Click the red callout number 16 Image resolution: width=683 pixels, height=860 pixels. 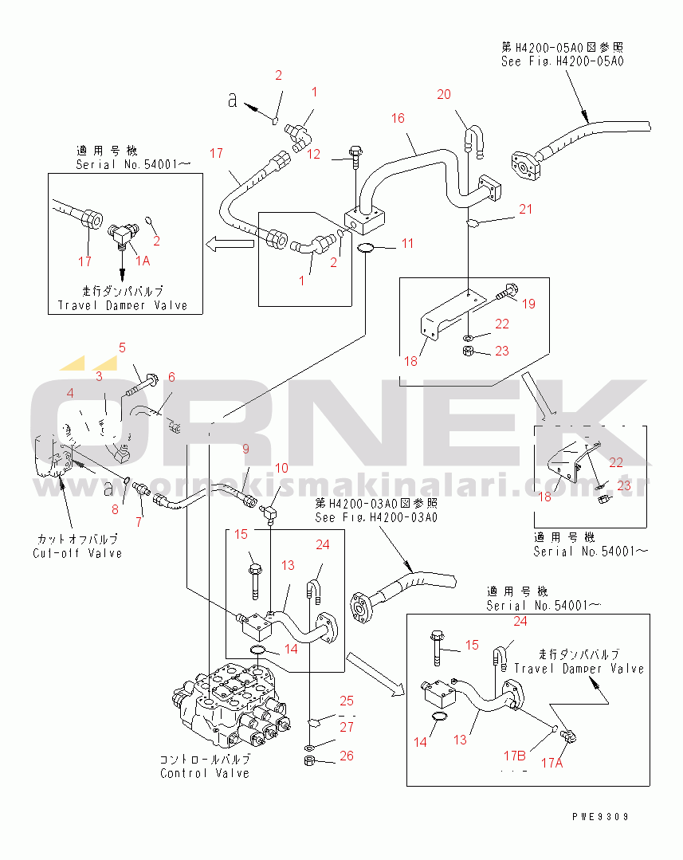click(398, 119)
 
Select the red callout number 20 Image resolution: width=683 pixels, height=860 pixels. click(444, 95)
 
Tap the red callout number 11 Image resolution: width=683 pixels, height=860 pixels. click(407, 243)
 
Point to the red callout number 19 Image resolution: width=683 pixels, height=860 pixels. click(530, 303)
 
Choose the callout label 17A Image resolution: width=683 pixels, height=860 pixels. click(552, 763)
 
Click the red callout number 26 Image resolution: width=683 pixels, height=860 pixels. click(346, 756)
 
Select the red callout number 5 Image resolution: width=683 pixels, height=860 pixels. click(122, 348)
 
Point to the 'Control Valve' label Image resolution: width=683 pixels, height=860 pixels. click(205, 772)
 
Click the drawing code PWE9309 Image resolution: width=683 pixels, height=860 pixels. click(600, 816)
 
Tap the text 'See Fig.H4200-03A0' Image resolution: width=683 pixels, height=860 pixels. click(376, 517)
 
